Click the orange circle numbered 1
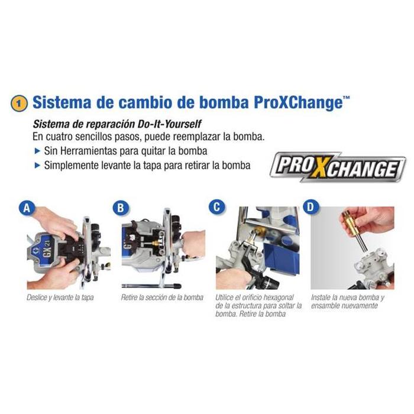[19, 103]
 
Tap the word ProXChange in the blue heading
[298, 103]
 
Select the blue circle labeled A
[27, 208]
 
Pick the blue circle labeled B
[121, 208]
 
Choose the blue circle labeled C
[216, 207]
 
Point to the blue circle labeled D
[310, 207]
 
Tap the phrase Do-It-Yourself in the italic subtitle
[170, 124]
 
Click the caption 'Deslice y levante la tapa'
[60, 297]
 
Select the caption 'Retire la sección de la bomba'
[162, 297]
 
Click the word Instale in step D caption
[321, 297]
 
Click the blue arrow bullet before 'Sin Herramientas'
[37, 151]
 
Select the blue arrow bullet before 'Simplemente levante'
[37, 166]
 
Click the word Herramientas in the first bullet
[89, 151]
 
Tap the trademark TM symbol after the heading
[346, 98]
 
